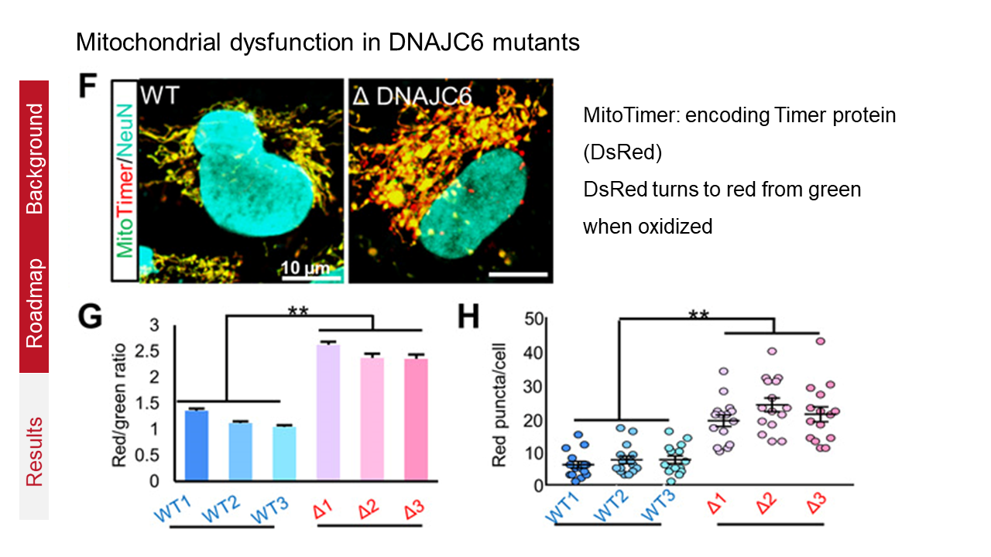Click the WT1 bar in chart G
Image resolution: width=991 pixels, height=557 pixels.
[x=197, y=445]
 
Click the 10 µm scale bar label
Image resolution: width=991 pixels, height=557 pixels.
[x=304, y=268]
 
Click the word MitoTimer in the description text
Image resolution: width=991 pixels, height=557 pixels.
[x=622, y=117]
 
